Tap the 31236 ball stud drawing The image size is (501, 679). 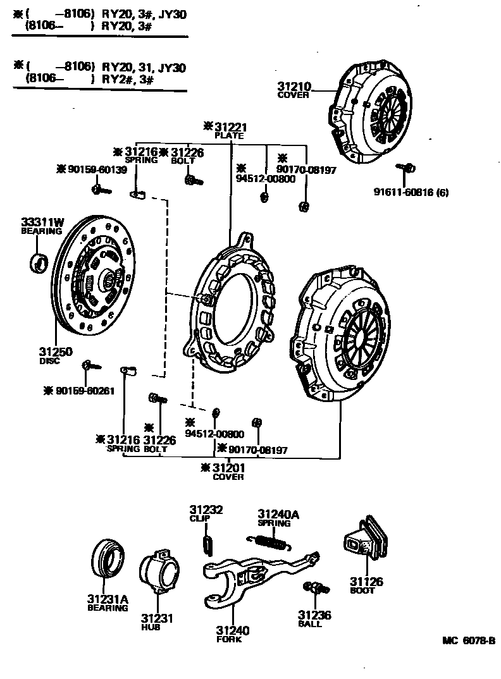(316, 589)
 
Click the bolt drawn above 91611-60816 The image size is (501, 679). (406, 168)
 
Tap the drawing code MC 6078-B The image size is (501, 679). (468, 640)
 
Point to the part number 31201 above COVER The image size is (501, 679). (228, 468)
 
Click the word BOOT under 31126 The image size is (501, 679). (362, 590)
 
